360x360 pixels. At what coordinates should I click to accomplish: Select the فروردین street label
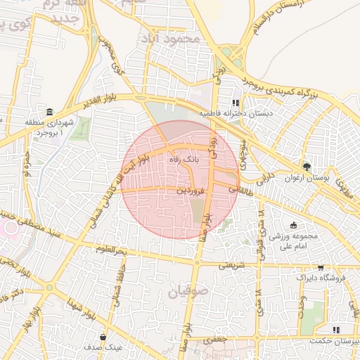pyautogui.click(x=191, y=190)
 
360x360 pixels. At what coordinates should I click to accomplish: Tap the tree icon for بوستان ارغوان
pyautogui.click(x=306, y=167)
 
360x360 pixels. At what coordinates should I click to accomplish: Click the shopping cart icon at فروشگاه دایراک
pyautogui.click(x=321, y=268)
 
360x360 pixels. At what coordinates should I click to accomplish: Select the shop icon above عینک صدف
pyautogui.click(x=103, y=337)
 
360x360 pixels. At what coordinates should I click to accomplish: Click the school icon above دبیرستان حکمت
pyautogui.click(x=335, y=329)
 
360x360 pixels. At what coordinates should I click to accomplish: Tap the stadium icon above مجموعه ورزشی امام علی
pyautogui.click(x=294, y=224)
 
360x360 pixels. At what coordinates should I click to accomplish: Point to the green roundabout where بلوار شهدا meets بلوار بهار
pyautogui.click(x=49, y=288)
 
